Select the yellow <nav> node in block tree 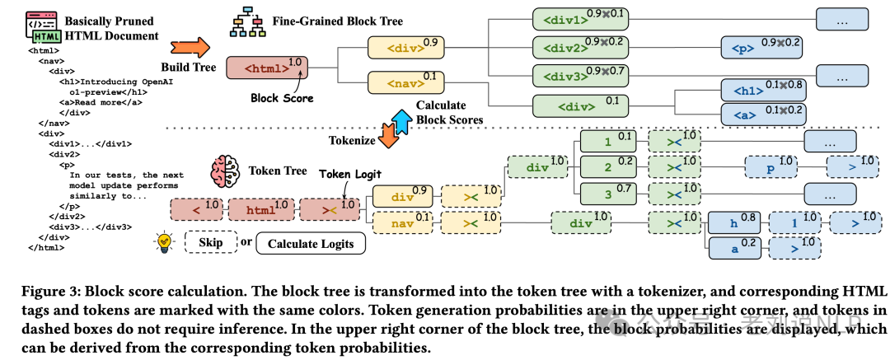[x=398, y=82]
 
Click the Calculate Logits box [x=310, y=243]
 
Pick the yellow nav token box [x=402, y=222]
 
